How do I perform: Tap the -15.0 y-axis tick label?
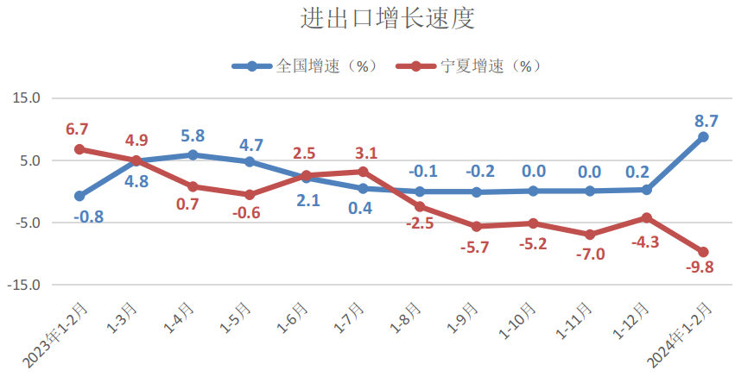click(x=25, y=285)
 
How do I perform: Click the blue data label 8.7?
click(x=706, y=121)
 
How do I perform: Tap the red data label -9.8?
click(x=700, y=267)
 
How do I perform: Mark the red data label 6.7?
click(x=78, y=130)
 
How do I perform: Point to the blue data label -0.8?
click(x=89, y=217)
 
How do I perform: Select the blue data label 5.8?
click(x=193, y=136)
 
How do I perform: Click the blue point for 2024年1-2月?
click(x=703, y=137)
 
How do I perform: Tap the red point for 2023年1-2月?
click(x=79, y=149)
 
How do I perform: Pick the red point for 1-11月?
click(x=590, y=235)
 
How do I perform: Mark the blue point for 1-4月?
click(x=193, y=155)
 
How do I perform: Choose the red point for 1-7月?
click(x=363, y=172)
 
